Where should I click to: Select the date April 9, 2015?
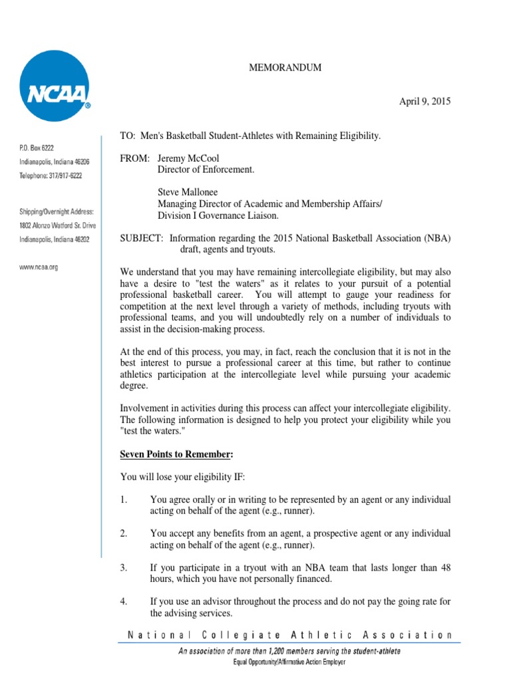pyautogui.click(x=425, y=102)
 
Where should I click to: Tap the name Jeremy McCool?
pyautogui.click(x=188, y=158)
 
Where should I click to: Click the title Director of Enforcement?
pyautogui.click(x=206, y=170)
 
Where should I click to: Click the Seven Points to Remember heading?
pyautogui.click(x=176, y=454)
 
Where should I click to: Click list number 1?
pyautogui.click(x=123, y=499)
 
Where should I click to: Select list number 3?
pyautogui.click(x=123, y=567)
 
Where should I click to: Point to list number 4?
pyautogui.click(x=124, y=602)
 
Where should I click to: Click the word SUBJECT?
pyautogui.click(x=142, y=239)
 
